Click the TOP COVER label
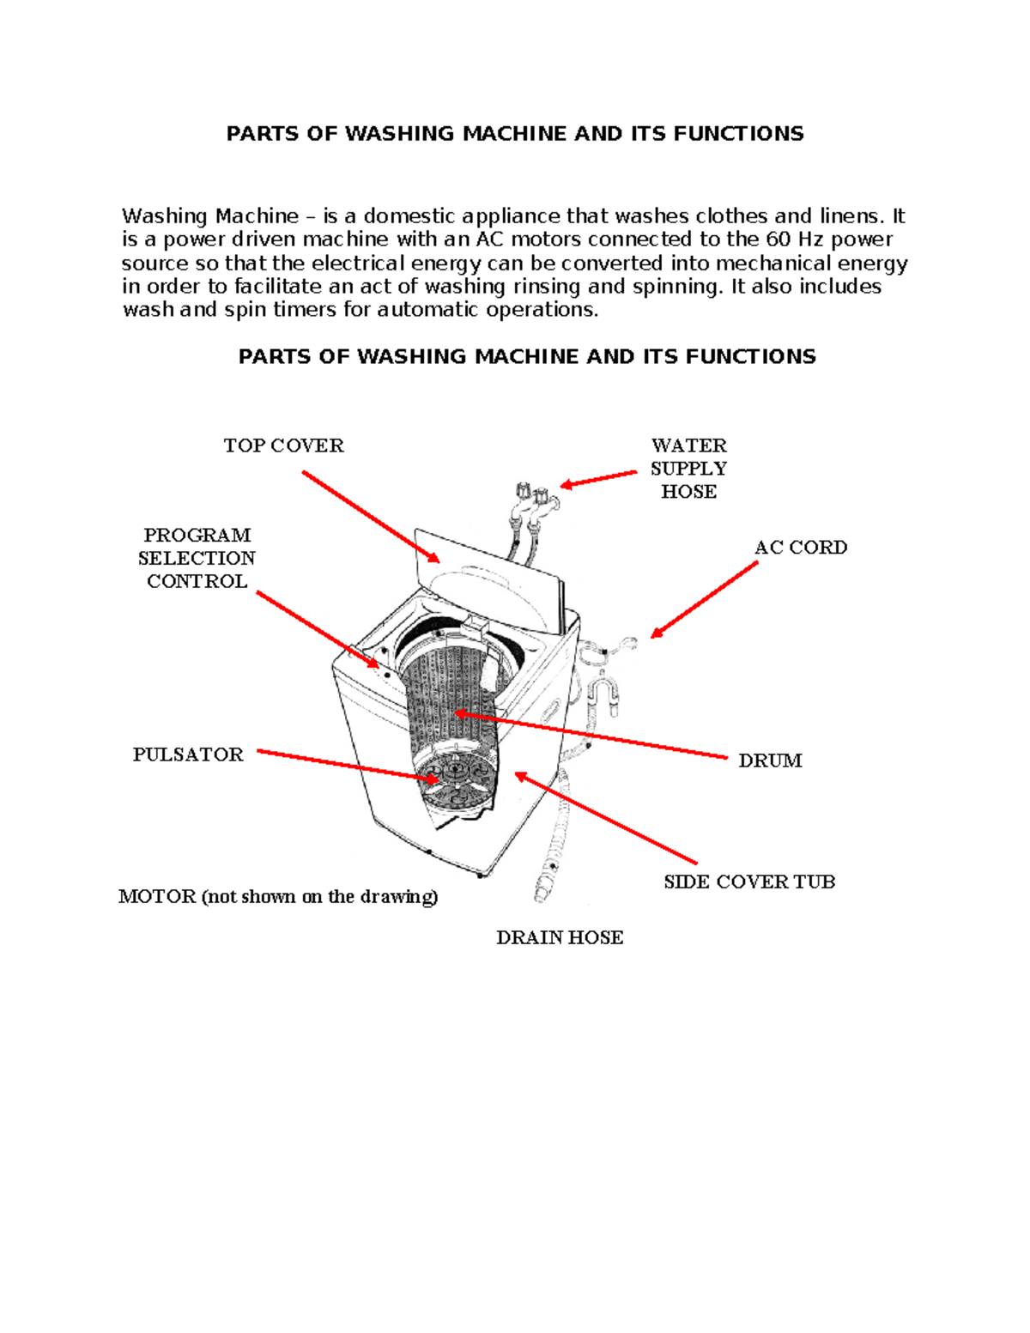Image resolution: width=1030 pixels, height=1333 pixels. (x=283, y=445)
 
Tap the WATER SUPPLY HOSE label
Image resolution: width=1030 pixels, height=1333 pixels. (x=688, y=469)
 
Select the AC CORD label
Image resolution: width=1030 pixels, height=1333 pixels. (x=800, y=548)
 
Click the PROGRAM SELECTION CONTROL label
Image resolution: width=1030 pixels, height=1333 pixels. (x=197, y=558)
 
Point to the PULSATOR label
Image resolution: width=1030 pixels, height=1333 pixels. (x=188, y=754)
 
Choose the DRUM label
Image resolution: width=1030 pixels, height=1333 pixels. (x=770, y=760)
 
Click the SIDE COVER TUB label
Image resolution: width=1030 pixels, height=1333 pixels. (x=748, y=882)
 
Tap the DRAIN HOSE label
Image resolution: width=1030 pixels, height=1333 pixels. (x=560, y=937)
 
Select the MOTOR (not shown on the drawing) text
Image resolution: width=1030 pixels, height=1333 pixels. (x=278, y=897)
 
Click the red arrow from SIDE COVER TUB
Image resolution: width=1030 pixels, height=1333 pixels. (x=606, y=819)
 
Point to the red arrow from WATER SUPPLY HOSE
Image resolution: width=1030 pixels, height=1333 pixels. (x=598, y=479)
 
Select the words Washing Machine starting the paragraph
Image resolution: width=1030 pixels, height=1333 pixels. (x=210, y=216)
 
